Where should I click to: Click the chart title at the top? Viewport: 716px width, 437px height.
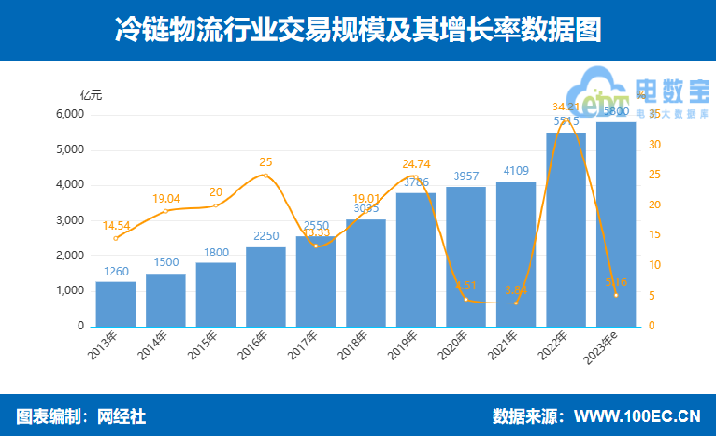[358, 30]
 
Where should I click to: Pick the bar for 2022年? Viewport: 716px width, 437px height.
[566, 231]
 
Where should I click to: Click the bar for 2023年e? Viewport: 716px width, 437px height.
[616, 225]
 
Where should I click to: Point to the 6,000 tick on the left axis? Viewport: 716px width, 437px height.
[68, 114]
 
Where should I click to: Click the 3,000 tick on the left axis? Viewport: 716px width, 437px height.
[68, 221]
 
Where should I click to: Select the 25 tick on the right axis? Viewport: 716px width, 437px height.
[654, 175]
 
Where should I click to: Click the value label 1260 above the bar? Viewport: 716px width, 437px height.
[115, 272]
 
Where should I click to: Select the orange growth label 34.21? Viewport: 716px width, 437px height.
[566, 106]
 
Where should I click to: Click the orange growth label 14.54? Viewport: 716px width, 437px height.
[115, 225]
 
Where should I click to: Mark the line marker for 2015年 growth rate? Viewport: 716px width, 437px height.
[215, 205]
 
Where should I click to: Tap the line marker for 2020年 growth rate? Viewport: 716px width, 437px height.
[466, 300]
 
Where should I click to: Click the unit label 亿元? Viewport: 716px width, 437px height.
[90, 94]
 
